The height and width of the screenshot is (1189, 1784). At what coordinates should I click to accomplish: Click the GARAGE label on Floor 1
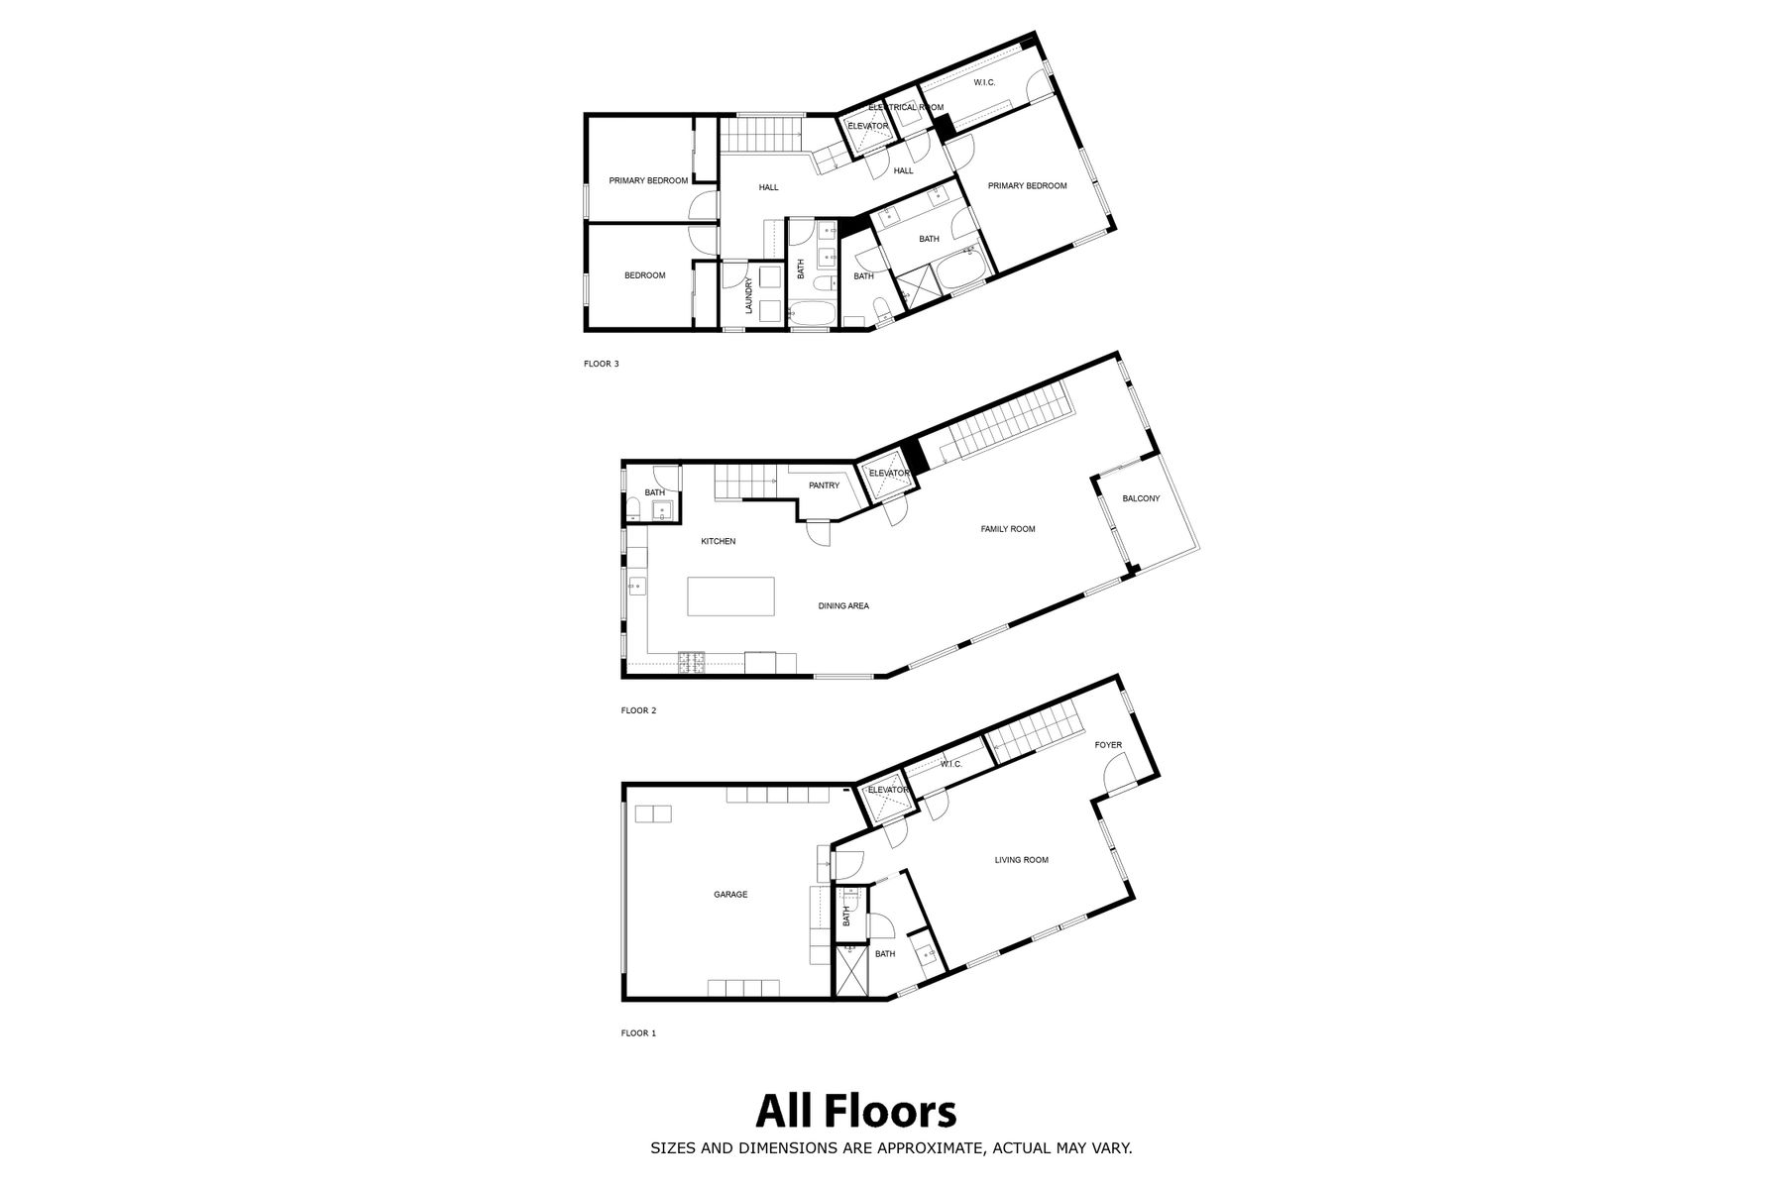(730, 895)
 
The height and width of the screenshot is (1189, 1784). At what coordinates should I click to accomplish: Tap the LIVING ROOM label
(1021, 860)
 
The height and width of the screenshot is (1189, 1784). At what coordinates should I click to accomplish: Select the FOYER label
(1108, 745)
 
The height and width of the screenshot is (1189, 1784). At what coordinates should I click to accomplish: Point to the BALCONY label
(1141, 498)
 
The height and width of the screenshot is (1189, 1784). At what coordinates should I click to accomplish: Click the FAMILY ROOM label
(1008, 529)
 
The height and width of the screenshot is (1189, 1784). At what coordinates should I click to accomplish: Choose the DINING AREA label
(843, 605)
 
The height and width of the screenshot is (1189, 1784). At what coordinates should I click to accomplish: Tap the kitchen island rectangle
(731, 596)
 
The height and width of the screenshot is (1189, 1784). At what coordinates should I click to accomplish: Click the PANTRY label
(824, 486)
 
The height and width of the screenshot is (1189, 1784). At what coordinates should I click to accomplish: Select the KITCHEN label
(719, 541)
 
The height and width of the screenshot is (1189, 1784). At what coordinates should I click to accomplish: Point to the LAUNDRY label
(749, 295)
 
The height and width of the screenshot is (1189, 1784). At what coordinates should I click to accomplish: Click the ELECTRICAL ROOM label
(906, 107)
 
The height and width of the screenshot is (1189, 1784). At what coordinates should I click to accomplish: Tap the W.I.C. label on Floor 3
(984, 82)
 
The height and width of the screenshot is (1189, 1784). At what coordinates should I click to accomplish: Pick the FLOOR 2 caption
(639, 710)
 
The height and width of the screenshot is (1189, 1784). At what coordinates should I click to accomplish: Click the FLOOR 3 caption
(602, 364)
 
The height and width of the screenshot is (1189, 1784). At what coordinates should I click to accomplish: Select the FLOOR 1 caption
(639, 1033)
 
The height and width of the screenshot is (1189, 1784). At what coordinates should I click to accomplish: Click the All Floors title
(856, 1112)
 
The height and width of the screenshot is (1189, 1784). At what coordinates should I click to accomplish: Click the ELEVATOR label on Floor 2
(889, 474)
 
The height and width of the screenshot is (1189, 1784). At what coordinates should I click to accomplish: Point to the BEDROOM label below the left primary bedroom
(644, 275)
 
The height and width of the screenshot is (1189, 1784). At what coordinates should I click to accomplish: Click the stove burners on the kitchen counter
(691, 662)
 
